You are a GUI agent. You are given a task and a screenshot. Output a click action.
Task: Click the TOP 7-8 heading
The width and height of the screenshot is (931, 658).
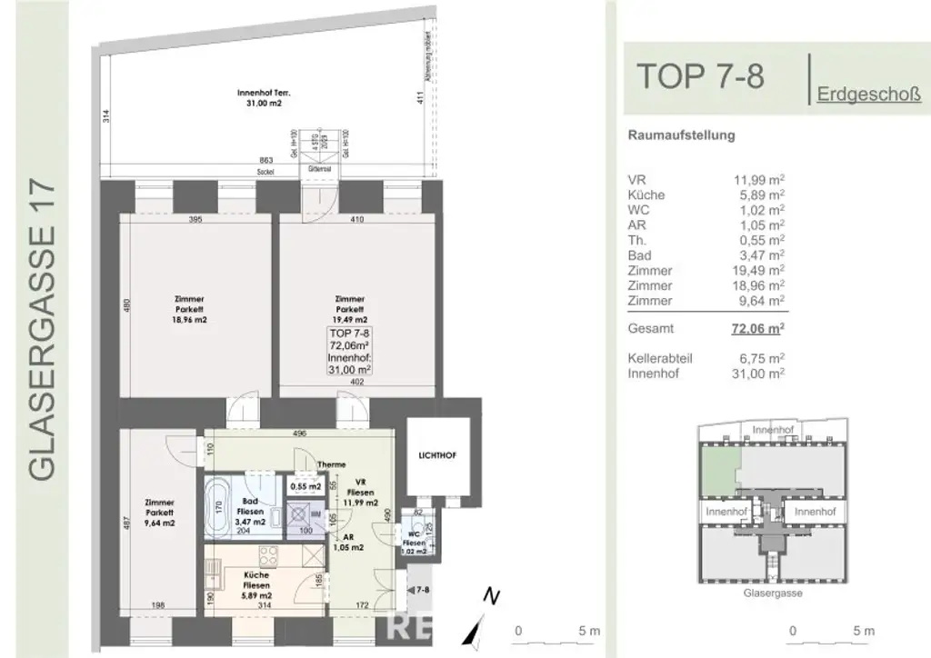[699, 76]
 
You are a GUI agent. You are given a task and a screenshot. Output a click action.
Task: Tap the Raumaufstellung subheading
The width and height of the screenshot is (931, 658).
[681, 136]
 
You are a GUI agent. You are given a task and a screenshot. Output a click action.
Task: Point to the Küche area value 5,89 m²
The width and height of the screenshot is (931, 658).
[759, 194]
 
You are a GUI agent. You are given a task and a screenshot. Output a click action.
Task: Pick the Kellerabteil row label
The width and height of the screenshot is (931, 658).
[660, 358]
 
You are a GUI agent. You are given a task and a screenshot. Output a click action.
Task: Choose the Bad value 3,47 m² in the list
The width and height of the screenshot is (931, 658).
[759, 256]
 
